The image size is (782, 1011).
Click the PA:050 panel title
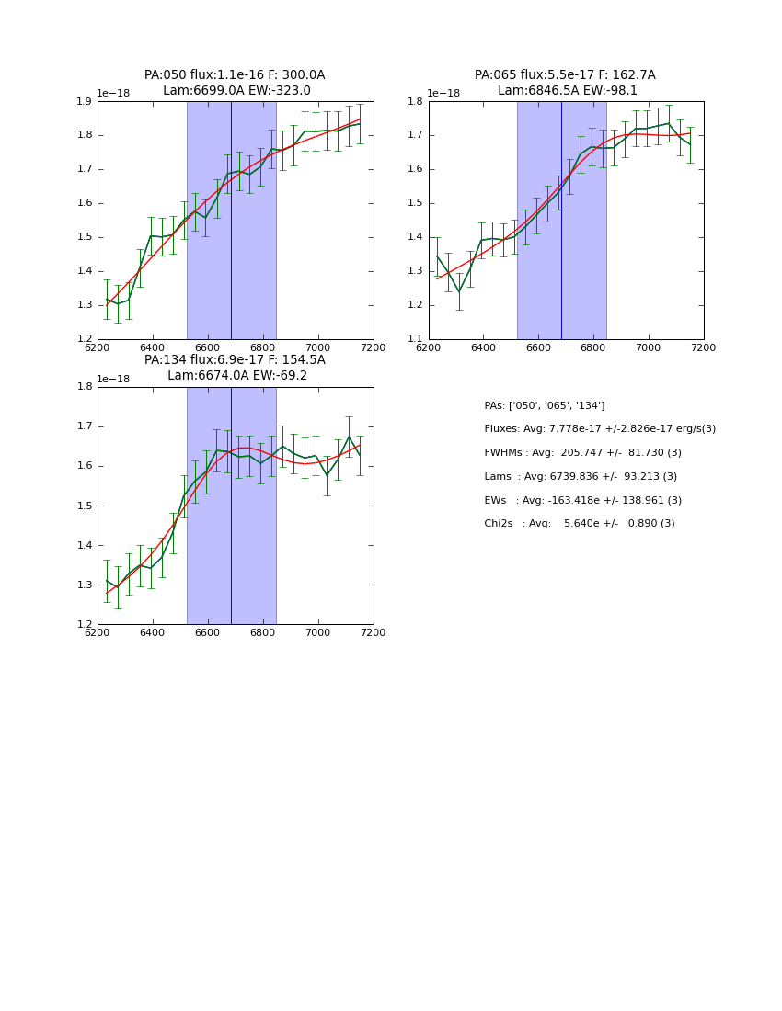(235, 75)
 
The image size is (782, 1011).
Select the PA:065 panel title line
(565, 75)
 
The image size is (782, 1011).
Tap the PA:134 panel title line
(235, 360)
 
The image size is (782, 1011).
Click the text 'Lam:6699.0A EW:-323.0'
(236, 91)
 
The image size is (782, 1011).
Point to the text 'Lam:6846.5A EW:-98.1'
(568, 91)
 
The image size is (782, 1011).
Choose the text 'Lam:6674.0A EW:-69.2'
(237, 376)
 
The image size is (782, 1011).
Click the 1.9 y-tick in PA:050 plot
(84, 101)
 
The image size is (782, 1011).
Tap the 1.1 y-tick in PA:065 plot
(415, 339)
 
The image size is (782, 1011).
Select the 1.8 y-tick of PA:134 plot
(84, 387)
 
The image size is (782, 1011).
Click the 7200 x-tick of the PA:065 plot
(703, 347)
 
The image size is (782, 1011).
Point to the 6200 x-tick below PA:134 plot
(98, 632)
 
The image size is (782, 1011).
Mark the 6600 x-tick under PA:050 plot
(208, 347)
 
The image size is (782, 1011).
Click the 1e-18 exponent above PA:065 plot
(444, 94)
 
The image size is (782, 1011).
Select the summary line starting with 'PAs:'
(545, 406)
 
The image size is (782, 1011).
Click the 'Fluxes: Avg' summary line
(600, 429)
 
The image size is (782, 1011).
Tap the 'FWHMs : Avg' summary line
(583, 453)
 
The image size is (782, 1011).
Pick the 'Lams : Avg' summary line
(581, 477)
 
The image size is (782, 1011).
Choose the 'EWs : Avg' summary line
(583, 501)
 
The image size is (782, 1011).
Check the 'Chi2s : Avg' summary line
(580, 524)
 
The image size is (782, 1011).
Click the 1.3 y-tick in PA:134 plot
(84, 585)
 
